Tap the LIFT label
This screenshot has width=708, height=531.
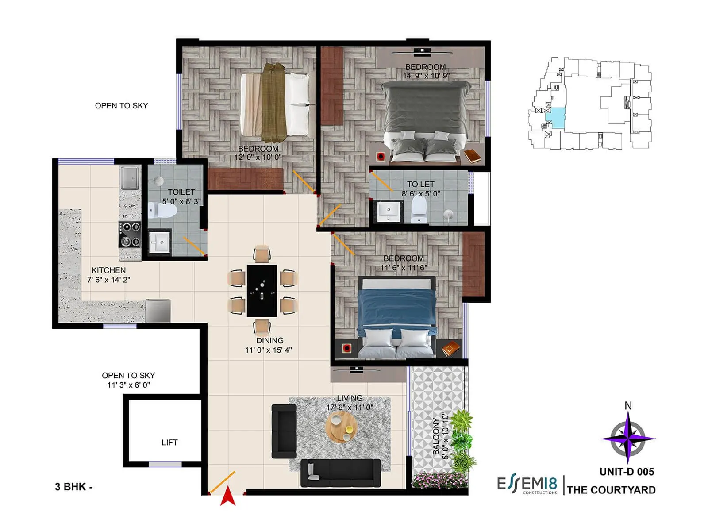point(169,442)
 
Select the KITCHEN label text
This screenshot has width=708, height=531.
point(108,270)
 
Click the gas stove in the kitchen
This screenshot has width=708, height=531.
point(130,235)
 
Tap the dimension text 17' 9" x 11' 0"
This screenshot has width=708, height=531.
point(350,408)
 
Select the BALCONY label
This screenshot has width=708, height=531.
point(436,436)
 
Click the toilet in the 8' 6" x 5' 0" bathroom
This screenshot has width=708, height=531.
point(419,210)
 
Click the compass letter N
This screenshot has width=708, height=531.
point(628,405)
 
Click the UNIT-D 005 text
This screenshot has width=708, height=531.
point(627,472)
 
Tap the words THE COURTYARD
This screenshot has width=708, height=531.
point(611,490)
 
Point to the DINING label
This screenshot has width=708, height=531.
point(269,341)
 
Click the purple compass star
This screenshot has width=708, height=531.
point(628,438)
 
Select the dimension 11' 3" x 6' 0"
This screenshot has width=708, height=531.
point(128,385)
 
